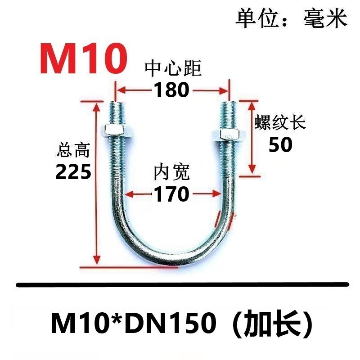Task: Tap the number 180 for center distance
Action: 171,90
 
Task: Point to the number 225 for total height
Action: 73,171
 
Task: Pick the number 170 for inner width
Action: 171,194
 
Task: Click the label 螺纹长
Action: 281,123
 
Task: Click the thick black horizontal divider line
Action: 182,284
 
